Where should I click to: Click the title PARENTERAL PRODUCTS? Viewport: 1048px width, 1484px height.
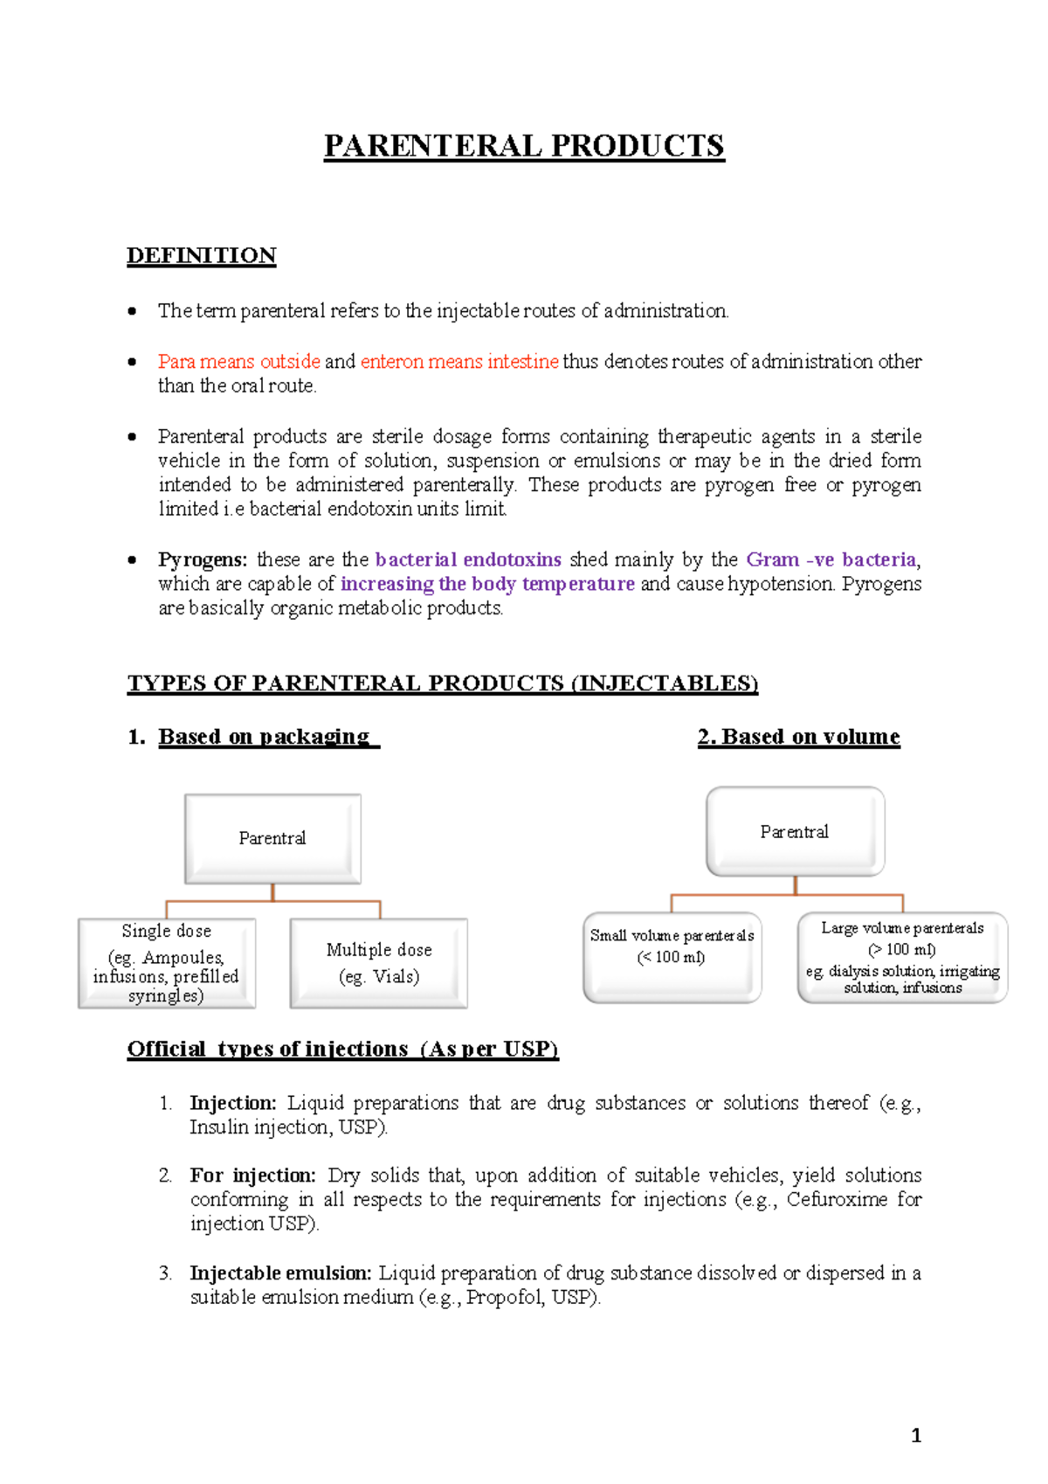click(524, 146)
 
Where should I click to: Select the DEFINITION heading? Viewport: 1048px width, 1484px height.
click(201, 256)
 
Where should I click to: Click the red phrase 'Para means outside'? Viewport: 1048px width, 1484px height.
click(238, 362)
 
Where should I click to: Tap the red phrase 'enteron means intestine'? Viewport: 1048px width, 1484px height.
click(458, 362)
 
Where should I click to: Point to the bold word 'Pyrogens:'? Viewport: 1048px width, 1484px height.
click(203, 560)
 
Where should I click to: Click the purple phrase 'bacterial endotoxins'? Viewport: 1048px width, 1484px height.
click(468, 560)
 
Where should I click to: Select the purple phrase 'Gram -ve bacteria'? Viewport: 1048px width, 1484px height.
click(831, 560)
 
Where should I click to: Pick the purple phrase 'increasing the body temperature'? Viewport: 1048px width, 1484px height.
click(487, 584)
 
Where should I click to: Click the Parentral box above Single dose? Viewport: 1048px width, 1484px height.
click(272, 838)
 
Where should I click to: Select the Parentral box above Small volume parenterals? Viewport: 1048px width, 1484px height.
click(795, 831)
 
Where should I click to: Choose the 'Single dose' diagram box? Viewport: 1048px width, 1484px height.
click(167, 963)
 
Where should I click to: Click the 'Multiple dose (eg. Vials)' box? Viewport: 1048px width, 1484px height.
click(379, 963)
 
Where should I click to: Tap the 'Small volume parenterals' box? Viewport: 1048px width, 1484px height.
click(672, 957)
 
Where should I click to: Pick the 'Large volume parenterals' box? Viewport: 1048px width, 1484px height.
click(902, 957)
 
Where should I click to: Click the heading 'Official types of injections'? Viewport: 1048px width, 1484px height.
click(342, 1049)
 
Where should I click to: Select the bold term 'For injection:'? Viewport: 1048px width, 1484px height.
click(252, 1175)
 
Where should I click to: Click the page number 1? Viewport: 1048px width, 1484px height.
click(916, 1435)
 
